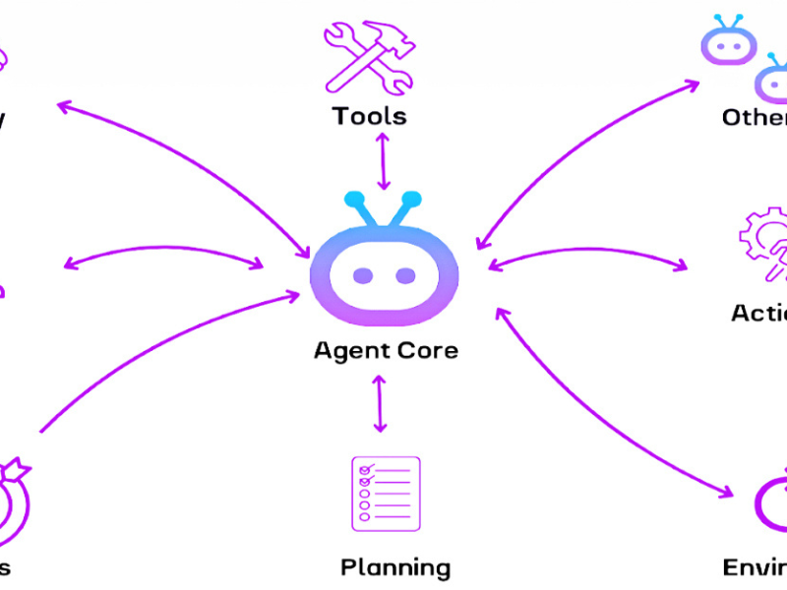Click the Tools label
click(369, 116)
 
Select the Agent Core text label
click(386, 350)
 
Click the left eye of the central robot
click(363, 274)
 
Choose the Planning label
click(395, 567)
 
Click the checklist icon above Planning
click(385, 494)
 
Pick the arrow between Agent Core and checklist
click(381, 403)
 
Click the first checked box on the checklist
click(364, 469)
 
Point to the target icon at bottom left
click(12, 501)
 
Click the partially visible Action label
click(758, 313)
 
